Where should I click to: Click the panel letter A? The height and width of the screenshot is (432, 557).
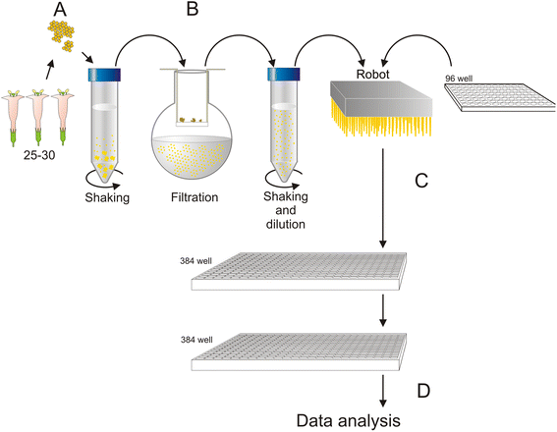pyautogui.click(x=60, y=10)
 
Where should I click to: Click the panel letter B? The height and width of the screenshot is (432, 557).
pyautogui.click(x=193, y=9)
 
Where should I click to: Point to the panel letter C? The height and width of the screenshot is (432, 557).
pyautogui.click(x=421, y=181)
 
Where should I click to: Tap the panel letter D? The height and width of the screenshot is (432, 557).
pyautogui.click(x=423, y=391)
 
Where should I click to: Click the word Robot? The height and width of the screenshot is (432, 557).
pyautogui.click(x=373, y=75)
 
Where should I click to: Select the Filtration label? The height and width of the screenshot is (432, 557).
pyautogui.click(x=195, y=197)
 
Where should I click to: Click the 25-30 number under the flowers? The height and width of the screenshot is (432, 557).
pyautogui.click(x=39, y=155)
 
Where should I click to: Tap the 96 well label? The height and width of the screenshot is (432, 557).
pyautogui.click(x=459, y=79)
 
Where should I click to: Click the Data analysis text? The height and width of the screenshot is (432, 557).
pyautogui.click(x=349, y=421)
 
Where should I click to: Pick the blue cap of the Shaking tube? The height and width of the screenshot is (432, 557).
pyautogui.click(x=104, y=75)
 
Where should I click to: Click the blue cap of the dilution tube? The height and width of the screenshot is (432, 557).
pyautogui.click(x=284, y=75)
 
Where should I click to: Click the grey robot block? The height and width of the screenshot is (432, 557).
pyautogui.click(x=381, y=99)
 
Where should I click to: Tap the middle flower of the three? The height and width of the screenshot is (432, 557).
pyautogui.click(x=37, y=117)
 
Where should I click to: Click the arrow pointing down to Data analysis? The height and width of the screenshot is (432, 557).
pyautogui.click(x=382, y=390)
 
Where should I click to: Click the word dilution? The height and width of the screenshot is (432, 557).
pyautogui.click(x=286, y=224)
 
